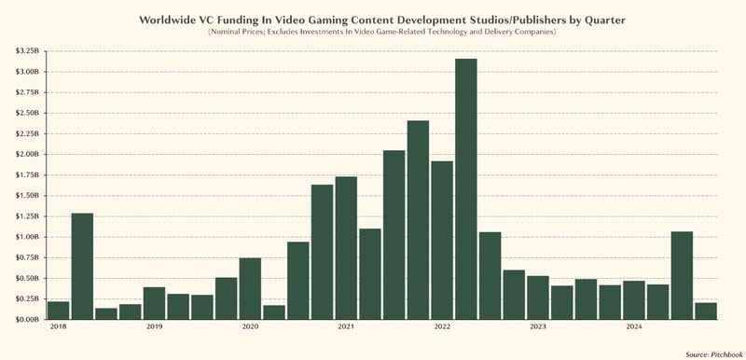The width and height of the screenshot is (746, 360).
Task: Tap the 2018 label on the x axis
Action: pyautogui.click(x=58, y=327)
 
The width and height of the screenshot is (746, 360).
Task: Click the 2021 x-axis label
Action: pyautogui.click(x=346, y=327)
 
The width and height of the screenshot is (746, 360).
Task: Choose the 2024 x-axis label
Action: pyautogui.click(x=633, y=327)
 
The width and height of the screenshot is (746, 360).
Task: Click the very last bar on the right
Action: pyautogui.click(x=706, y=311)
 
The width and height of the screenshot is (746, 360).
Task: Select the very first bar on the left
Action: pyautogui.click(x=58, y=310)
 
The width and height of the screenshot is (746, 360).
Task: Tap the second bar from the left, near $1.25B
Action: pyautogui.click(x=82, y=266)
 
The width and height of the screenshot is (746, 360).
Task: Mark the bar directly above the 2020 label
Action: pyautogui.click(x=250, y=288)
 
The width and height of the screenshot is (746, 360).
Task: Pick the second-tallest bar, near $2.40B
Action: pyautogui.click(x=418, y=220)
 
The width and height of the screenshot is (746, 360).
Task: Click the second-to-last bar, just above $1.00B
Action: pyautogui.click(x=682, y=275)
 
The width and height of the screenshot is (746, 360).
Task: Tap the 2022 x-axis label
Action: pyautogui.click(x=442, y=327)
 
